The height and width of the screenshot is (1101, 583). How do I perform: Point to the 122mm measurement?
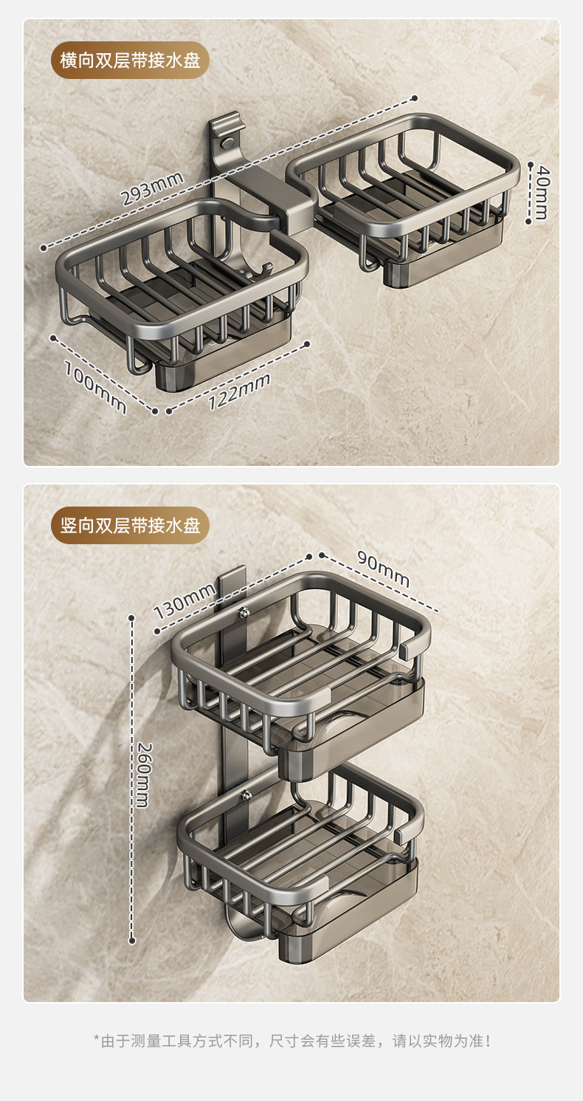[x=238, y=391]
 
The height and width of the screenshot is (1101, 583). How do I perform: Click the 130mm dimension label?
[x=184, y=600]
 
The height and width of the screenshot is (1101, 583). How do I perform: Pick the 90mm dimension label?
[x=383, y=569]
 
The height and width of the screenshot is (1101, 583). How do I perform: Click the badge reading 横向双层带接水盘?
[x=130, y=60]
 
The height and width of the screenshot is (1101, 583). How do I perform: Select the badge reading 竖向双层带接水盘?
[x=130, y=525]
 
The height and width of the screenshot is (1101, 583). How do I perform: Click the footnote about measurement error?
[x=291, y=1041]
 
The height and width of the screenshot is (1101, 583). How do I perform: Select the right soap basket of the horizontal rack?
[x=403, y=185]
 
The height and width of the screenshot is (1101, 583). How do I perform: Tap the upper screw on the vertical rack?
[x=244, y=611]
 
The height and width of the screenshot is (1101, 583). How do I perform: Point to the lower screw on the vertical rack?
[x=247, y=795]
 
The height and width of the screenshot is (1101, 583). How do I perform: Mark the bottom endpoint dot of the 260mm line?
[x=132, y=940]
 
